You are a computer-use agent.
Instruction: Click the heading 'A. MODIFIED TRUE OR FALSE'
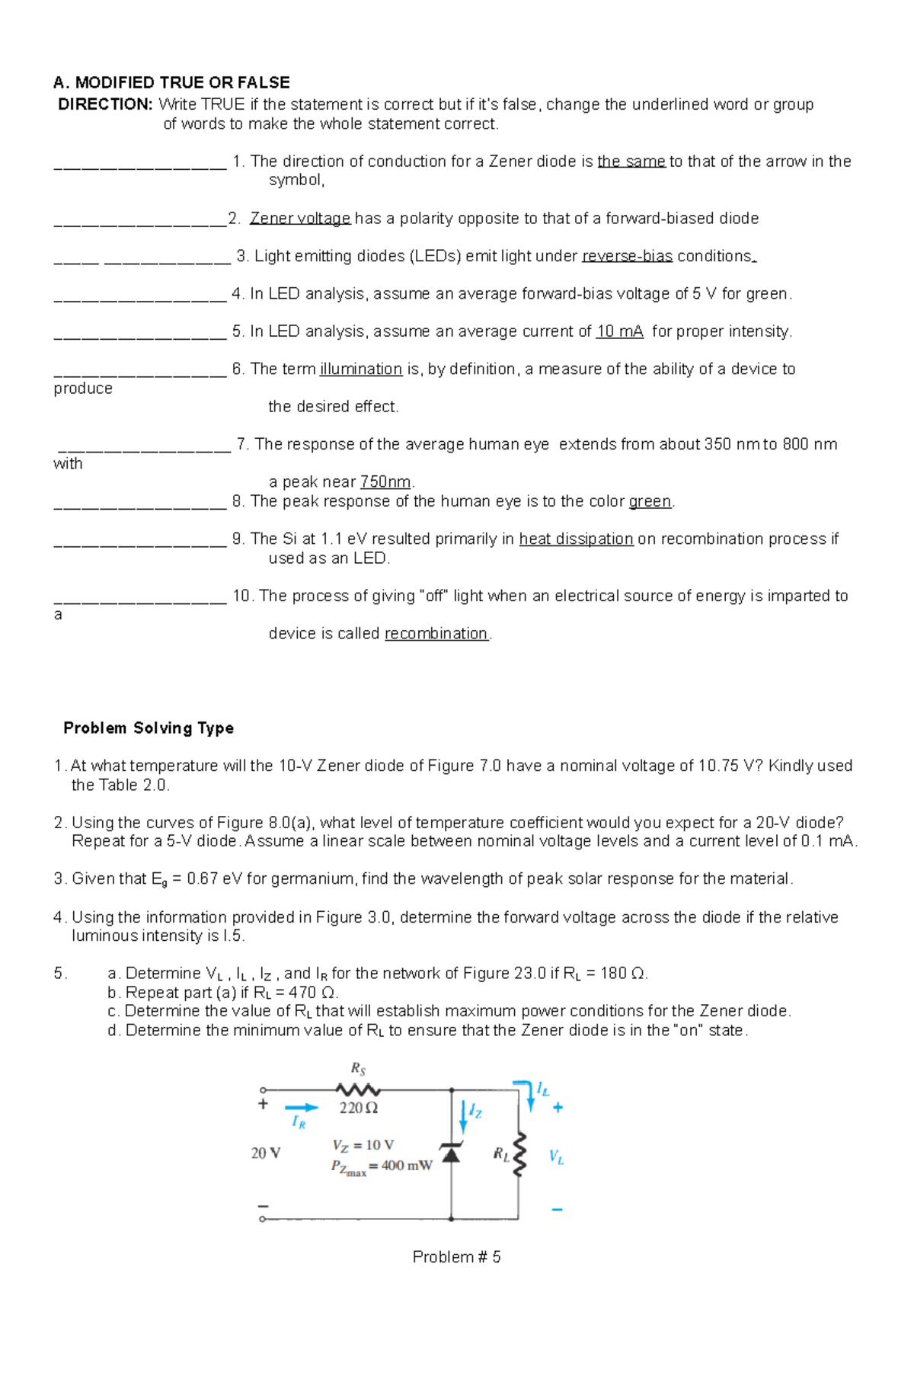pyautogui.click(x=171, y=82)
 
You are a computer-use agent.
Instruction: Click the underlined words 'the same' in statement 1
pyautogui.click(x=631, y=162)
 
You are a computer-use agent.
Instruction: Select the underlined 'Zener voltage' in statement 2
pyautogui.click(x=300, y=219)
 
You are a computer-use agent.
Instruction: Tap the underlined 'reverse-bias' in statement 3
pyautogui.click(x=627, y=256)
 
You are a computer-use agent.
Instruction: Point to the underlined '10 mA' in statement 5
pyautogui.click(x=619, y=331)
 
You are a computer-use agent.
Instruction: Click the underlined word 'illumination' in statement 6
pyautogui.click(x=361, y=369)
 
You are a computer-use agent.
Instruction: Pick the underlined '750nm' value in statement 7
pyautogui.click(x=385, y=482)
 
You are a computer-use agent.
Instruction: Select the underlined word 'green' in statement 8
pyautogui.click(x=650, y=501)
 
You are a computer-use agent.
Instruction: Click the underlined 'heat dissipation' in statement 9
pyautogui.click(x=576, y=539)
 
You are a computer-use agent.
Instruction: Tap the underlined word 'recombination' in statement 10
pyautogui.click(x=436, y=634)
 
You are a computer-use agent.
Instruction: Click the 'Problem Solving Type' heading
pyautogui.click(x=149, y=728)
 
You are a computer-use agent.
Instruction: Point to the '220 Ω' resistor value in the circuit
pyautogui.click(x=359, y=1108)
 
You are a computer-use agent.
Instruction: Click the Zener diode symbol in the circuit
pyautogui.click(x=452, y=1153)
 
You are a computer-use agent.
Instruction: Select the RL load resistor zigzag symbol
pyautogui.click(x=519, y=1153)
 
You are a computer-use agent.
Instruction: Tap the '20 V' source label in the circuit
pyautogui.click(x=266, y=1153)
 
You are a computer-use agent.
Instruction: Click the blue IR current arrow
pyautogui.click(x=302, y=1108)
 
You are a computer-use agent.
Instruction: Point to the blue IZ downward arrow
pyautogui.click(x=463, y=1116)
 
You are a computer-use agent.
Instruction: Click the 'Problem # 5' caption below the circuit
pyautogui.click(x=456, y=1257)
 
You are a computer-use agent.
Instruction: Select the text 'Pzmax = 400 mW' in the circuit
pyautogui.click(x=382, y=1166)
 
